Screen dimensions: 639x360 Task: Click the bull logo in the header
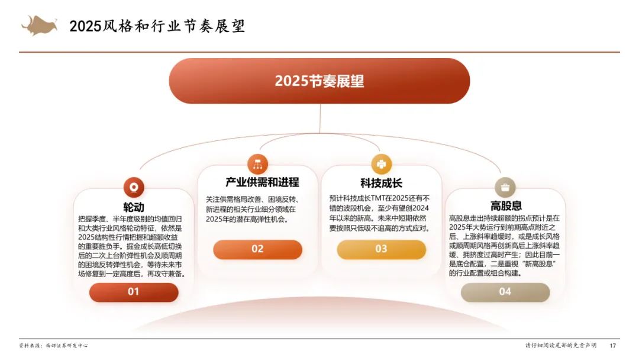click(39, 25)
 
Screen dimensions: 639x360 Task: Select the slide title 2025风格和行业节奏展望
click(157, 26)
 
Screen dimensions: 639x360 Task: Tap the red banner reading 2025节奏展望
click(319, 81)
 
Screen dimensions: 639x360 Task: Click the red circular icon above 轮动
click(134, 188)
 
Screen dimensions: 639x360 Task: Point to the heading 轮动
click(134, 207)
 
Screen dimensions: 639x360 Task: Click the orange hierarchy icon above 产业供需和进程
click(257, 164)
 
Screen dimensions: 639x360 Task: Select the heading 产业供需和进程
click(263, 182)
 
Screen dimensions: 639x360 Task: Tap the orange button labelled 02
click(257, 249)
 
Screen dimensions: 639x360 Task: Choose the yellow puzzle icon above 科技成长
click(382, 164)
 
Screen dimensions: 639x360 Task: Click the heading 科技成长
click(382, 183)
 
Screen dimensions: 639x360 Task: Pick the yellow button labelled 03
click(382, 249)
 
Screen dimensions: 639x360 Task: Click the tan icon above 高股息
click(505, 188)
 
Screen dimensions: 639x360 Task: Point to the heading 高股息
click(506, 205)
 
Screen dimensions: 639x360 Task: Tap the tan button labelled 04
click(505, 292)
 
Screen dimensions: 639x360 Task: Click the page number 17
click(613, 346)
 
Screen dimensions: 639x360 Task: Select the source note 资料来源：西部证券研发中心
click(53, 346)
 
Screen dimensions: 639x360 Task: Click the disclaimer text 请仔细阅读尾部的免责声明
click(561, 345)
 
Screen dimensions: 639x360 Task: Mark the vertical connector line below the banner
click(320, 118)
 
